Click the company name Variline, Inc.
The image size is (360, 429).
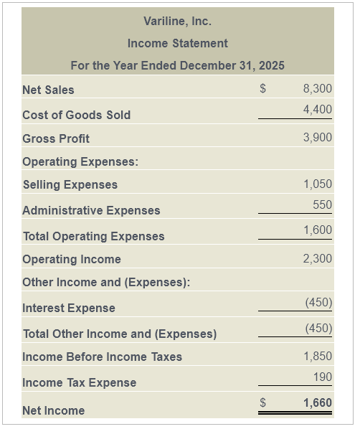click(x=177, y=22)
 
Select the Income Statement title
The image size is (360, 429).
click(x=177, y=43)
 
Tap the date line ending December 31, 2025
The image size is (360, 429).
click(x=177, y=65)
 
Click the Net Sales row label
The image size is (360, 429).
click(x=48, y=90)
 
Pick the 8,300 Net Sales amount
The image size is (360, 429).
click(x=318, y=89)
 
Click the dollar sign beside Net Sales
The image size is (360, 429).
click(x=262, y=89)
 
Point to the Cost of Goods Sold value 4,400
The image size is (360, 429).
click(x=318, y=110)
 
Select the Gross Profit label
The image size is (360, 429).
click(x=56, y=138)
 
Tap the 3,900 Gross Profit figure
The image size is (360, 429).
click(x=318, y=137)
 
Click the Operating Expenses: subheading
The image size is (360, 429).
click(x=80, y=161)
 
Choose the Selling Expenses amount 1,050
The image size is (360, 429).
click(x=318, y=184)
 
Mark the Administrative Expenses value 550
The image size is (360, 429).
click(x=323, y=204)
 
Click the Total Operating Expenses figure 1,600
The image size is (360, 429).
click(x=318, y=230)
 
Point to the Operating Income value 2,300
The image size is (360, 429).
click(x=318, y=258)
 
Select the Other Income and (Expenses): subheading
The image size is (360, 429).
click(x=106, y=282)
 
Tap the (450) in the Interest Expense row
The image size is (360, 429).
click(x=318, y=302)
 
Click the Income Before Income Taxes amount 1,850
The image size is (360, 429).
click(x=318, y=356)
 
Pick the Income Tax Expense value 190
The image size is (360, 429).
click(x=323, y=377)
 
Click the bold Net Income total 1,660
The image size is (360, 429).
click(x=318, y=403)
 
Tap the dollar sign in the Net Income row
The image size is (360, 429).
click(x=262, y=403)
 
